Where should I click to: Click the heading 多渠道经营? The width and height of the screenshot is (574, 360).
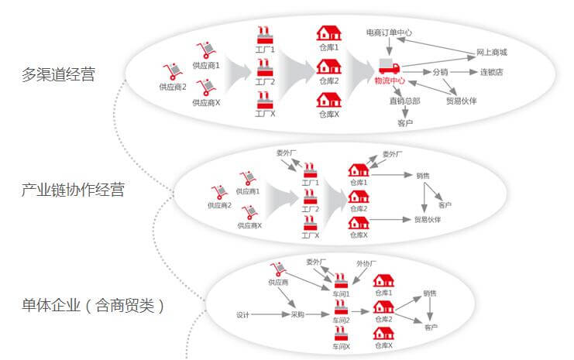click(x=59, y=75)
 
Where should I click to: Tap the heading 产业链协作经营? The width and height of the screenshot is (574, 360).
click(x=73, y=190)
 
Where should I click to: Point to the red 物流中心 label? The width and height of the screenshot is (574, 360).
click(x=390, y=81)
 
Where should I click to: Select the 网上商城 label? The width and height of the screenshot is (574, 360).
click(x=492, y=53)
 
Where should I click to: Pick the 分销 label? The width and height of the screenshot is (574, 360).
click(x=440, y=73)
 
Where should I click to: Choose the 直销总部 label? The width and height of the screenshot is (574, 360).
click(x=405, y=101)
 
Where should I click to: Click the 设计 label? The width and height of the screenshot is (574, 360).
click(x=242, y=314)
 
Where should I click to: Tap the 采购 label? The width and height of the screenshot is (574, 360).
click(x=297, y=314)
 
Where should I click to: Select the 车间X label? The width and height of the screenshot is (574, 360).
click(x=341, y=346)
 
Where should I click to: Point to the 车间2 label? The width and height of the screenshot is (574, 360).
click(x=341, y=320)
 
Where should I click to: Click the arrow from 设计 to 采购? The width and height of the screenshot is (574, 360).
click(x=269, y=314)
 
